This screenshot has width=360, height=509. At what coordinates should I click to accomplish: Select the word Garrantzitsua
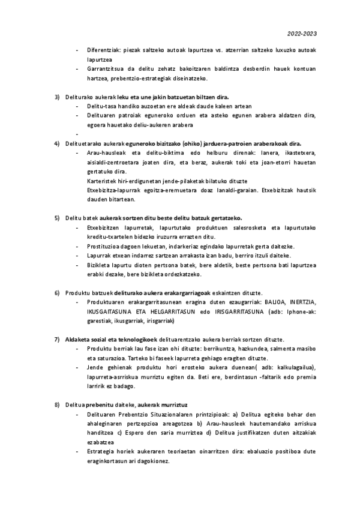(x=107, y=69)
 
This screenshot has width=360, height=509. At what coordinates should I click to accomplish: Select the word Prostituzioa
(x=105, y=246)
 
